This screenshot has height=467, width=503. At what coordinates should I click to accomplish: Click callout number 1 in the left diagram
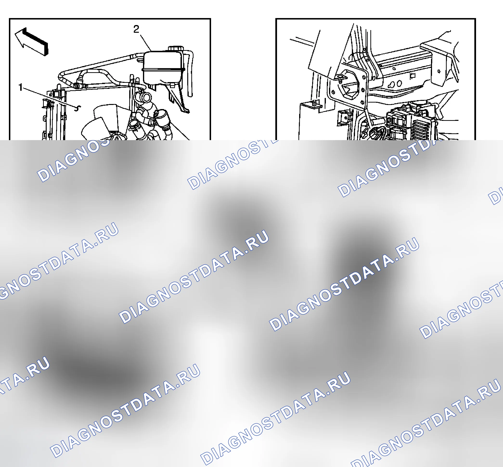20,87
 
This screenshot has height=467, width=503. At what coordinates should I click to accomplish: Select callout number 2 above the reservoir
136,29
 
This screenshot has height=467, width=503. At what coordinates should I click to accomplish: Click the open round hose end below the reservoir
146,97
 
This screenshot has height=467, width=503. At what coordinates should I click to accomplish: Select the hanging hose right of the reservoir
190,73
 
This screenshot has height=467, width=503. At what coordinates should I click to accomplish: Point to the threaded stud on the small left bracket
314,103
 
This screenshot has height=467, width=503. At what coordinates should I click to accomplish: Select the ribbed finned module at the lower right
420,130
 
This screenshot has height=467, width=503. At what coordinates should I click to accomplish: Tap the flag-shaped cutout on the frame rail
412,76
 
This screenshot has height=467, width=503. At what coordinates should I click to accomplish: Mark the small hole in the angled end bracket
439,71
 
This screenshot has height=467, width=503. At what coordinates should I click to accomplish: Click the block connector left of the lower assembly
343,118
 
